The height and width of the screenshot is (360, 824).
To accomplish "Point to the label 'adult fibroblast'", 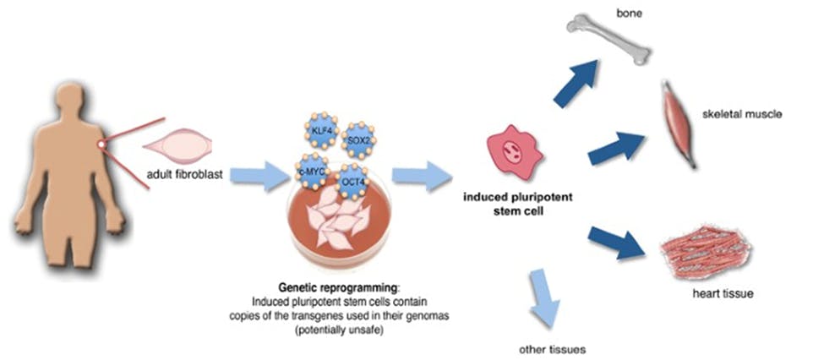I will click(x=183, y=177).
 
